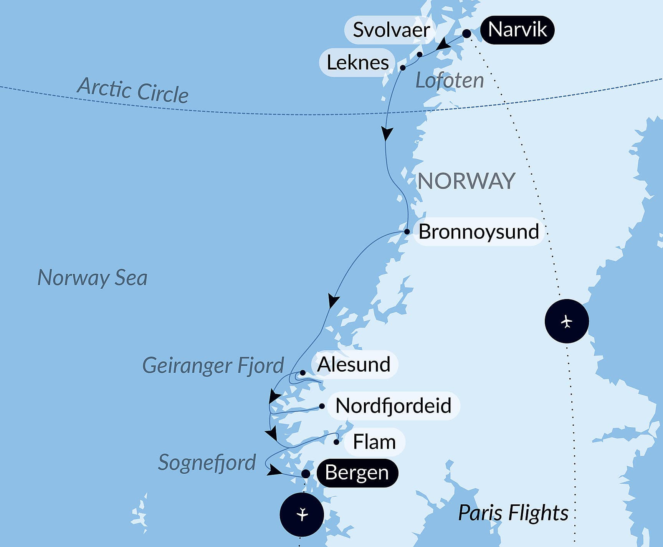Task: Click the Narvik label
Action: click(x=517, y=30)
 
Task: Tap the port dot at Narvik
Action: click(x=466, y=34)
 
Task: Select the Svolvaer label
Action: click(x=391, y=30)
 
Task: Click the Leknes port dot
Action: click(x=403, y=68)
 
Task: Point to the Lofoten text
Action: click(x=450, y=81)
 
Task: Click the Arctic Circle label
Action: click(x=133, y=91)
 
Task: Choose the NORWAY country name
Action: click(x=466, y=181)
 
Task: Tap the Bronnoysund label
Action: click(x=478, y=232)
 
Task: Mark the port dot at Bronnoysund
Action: click(x=407, y=231)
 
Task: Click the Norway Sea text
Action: click(x=93, y=278)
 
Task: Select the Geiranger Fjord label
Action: click(x=213, y=365)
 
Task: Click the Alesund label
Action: click(x=354, y=364)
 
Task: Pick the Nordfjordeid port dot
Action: click(x=322, y=406)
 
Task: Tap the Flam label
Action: click(x=374, y=442)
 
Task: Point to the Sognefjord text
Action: click(x=207, y=463)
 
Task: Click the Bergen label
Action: click(x=357, y=473)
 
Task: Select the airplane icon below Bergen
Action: click(x=302, y=514)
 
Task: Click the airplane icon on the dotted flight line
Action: click(x=567, y=321)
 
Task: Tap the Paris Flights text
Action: click(x=513, y=513)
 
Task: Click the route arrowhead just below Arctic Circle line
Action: click(x=387, y=134)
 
